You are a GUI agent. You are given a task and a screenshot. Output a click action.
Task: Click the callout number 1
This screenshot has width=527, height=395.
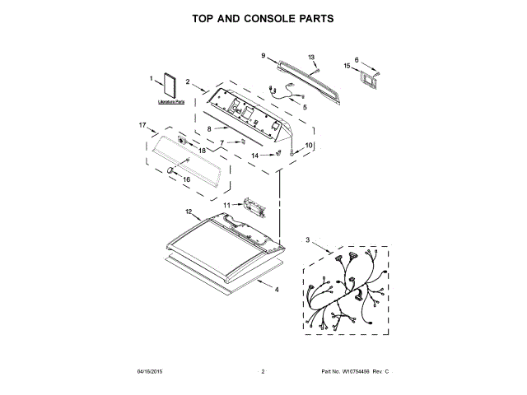(152, 79)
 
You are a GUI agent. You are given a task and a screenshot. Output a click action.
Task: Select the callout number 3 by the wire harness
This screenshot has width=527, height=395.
(307, 239)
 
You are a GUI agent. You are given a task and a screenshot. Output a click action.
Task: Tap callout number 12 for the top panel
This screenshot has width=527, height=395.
(189, 211)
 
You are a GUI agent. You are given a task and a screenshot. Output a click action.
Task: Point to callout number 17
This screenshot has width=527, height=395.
(142, 126)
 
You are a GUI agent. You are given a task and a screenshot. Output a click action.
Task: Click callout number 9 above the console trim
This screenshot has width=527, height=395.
(263, 55)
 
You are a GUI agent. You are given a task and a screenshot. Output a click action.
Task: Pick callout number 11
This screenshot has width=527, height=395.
(227, 203)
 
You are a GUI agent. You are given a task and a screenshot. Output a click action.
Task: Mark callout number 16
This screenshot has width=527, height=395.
(185, 179)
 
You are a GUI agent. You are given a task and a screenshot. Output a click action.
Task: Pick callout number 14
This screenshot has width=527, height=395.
(254, 155)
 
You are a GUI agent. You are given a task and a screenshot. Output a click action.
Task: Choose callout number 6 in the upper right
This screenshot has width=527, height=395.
(357, 59)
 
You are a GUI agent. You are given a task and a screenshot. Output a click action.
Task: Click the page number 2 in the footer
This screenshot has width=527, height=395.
(263, 372)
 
